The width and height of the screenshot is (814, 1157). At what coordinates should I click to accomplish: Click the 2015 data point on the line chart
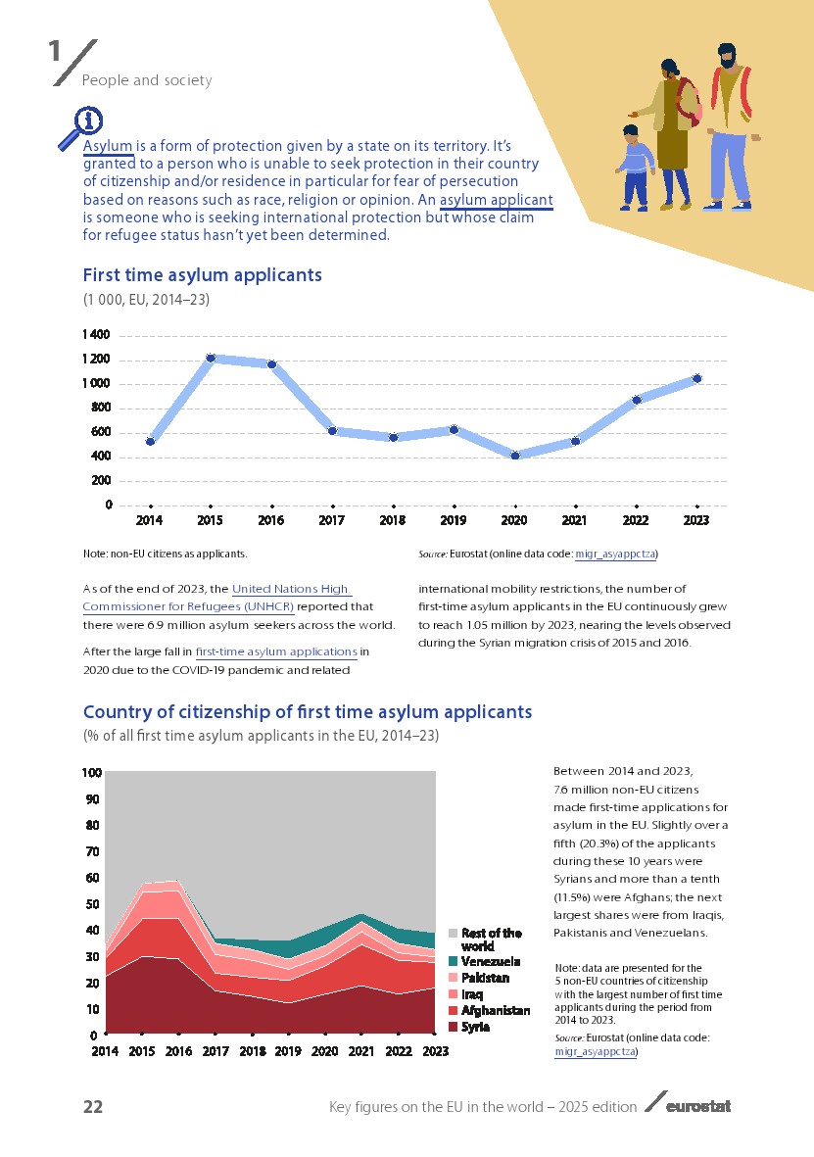[x=210, y=359]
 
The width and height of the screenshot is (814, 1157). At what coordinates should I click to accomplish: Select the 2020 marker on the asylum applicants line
[x=514, y=456]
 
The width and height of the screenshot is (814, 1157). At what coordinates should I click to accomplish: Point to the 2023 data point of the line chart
[x=696, y=378]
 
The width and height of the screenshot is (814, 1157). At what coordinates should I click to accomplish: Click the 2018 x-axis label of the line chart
[x=393, y=520]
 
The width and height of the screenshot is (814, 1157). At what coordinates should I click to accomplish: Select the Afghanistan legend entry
[x=495, y=1010]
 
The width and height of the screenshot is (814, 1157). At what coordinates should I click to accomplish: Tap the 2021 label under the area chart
[x=362, y=1051]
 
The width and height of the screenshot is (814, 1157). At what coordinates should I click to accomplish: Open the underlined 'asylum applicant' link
[x=496, y=201]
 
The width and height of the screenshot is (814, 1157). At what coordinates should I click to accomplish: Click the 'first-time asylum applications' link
[x=275, y=651]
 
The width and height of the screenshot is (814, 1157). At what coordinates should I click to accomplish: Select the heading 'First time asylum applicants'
[x=203, y=275]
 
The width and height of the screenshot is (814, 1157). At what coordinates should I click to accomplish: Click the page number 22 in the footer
[x=93, y=1107]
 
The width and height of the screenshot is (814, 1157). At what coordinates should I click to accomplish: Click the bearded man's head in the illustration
[x=726, y=56]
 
